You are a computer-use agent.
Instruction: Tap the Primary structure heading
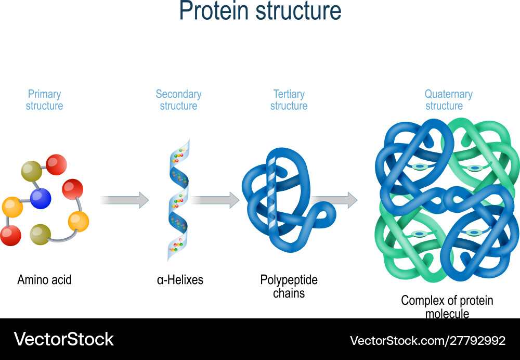[x=45, y=100]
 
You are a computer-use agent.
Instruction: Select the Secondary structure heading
[x=178, y=100]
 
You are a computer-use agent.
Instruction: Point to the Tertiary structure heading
[x=289, y=100]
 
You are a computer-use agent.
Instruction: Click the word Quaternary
[x=448, y=94]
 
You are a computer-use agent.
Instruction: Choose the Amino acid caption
[x=44, y=280]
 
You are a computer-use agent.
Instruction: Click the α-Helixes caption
[x=180, y=280]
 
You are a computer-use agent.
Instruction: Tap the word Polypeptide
[x=289, y=280]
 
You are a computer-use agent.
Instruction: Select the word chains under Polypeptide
[x=289, y=293]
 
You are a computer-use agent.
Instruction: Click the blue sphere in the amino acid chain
[x=41, y=198]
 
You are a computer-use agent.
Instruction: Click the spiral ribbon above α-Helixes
[x=178, y=200]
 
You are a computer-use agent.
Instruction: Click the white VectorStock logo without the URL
[x=63, y=339]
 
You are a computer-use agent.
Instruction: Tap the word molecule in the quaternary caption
[x=447, y=314]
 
